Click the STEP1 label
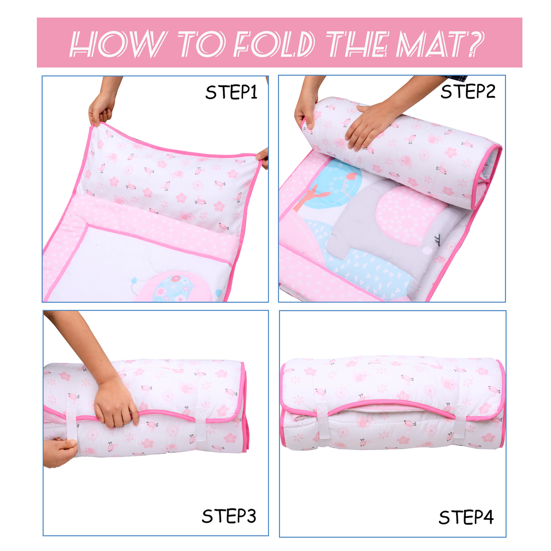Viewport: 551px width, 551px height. [x=231, y=92]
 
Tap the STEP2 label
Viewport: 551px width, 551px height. [x=468, y=92]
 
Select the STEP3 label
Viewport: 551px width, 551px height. [x=229, y=516]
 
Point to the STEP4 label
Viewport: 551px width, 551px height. [x=466, y=517]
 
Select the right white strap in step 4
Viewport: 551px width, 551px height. [x=460, y=422]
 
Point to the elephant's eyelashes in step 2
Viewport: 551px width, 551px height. [x=438, y=239]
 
